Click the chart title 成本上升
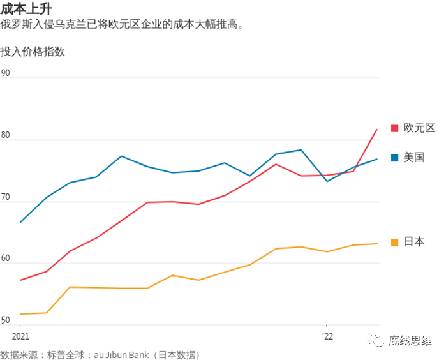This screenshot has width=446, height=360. pyautogui.click(x=26, y=8)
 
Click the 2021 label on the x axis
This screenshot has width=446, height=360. pyautogui.click(x=20, y=336)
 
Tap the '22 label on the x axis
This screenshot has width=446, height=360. pyautogui.click(x=327, y=336)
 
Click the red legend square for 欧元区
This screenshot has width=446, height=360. pyautogui.click(x=394, y=128)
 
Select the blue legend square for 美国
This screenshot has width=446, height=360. pyautogui.click(x=394, y=158)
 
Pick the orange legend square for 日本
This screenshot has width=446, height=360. pyautogui.click(x=394, y=242)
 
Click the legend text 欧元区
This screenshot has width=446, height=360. pyautogui.click(x=419, y=128)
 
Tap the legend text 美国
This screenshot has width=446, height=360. pyautogui.click(x=414, y=158)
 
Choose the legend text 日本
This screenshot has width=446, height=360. pyautogui.click(x=414, y=242)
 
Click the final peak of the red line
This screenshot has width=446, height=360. pyautogui.click(x=377, y=130)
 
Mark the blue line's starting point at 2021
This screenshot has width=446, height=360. pyautogui.click(x=20, y=222)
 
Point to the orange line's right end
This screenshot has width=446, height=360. pyautogui.click(x=377, y=243)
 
